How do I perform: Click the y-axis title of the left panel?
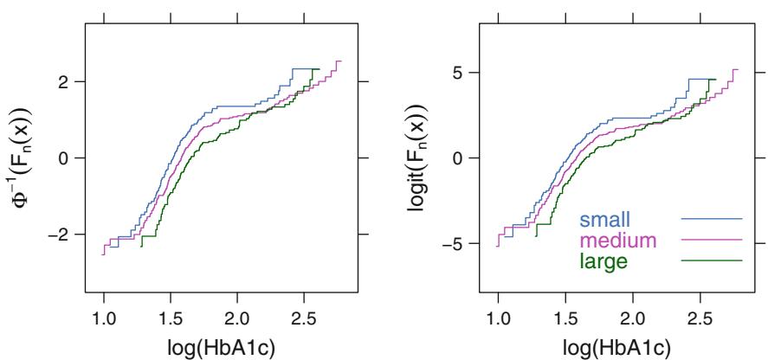click(21, 157)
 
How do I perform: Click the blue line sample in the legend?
click(712, 219)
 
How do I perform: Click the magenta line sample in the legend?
click(712, 239)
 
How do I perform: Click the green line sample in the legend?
click(712, 260)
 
